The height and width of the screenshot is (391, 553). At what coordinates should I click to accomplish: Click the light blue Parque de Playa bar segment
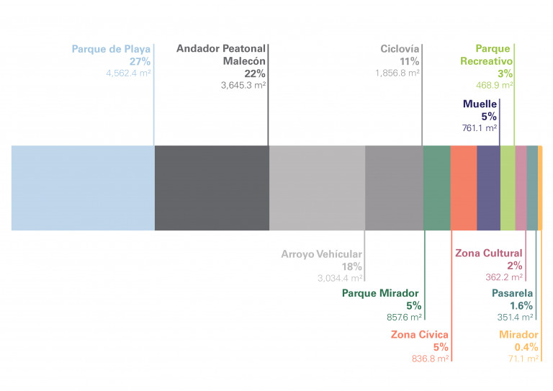[x=83, y=188]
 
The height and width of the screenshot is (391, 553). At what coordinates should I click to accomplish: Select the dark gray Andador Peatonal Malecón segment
[x=212, y=188]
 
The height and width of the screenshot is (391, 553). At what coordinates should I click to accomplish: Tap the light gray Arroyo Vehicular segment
[x=317, y=188]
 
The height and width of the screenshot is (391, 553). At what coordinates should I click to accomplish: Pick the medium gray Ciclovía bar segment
[x=393, y=188]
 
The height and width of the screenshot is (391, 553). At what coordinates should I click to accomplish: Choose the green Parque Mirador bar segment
[x=436, y=188]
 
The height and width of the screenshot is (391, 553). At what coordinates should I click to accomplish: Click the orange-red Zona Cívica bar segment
[x=463, y=188]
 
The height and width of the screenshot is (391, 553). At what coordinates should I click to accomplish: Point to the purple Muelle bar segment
[x=488, y=188]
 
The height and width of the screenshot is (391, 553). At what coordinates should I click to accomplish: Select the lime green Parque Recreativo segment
[x=507, y=188]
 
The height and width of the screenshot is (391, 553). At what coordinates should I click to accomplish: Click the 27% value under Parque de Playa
[x=140, y=61]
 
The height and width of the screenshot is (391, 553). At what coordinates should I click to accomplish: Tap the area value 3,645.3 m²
[x=243, y=85]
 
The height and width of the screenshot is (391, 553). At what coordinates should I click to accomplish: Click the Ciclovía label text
[x=400, y=49]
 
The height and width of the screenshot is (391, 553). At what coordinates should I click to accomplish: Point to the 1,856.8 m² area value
[x=397, y=73]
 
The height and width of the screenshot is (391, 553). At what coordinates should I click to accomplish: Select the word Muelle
[x=480, y=104]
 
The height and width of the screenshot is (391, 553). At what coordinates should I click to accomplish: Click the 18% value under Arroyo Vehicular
[x=352, y=266]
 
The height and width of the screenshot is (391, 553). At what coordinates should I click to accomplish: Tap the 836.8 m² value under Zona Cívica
[x=430, y=358]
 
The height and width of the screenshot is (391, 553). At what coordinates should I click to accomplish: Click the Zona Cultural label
[x=489, y=253]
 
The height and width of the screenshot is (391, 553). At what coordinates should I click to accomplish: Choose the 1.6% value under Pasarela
[x=521, y=305]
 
